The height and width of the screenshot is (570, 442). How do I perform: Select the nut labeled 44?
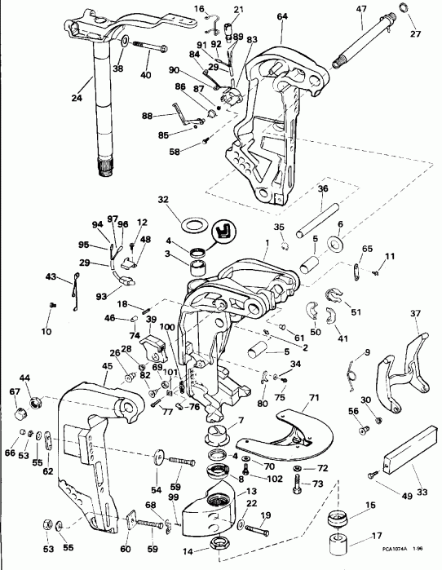(x=36, y=400)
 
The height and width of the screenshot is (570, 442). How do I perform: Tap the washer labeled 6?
(x=335, y=244)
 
